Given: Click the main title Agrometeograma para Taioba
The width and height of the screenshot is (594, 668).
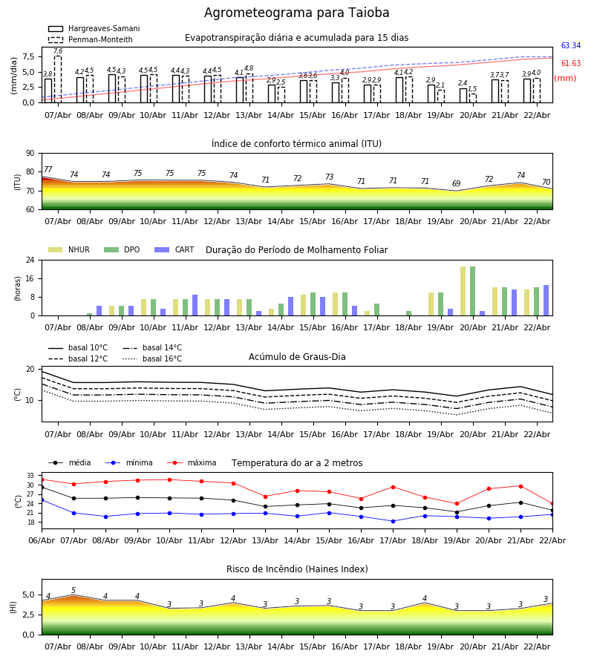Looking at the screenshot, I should (296, 13).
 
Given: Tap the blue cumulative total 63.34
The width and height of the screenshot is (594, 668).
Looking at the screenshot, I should (570, 46).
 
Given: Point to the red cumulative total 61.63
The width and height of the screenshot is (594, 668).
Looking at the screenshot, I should (570, 64).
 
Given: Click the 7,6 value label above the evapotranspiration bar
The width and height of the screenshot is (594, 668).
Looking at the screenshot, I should (58, 51).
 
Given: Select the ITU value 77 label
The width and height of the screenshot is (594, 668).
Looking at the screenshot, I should (48, 170).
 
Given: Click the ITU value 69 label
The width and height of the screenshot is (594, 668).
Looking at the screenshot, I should (457, 184).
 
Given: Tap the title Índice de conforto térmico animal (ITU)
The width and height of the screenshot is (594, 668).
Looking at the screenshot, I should (296, 144).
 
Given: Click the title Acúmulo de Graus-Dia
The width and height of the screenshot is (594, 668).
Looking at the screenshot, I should (296, 357).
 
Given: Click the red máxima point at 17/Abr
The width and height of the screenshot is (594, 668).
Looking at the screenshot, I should (393, 487).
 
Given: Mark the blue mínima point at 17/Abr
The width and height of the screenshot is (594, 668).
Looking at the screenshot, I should (393, 521).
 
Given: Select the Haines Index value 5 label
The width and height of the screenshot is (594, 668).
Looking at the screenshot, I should (74, 591).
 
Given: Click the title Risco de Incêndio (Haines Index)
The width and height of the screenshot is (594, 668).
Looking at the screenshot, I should (296, 569).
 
